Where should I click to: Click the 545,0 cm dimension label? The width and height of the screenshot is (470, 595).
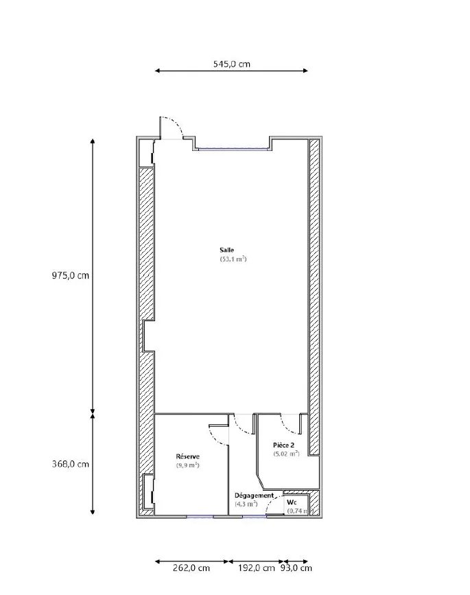tap(231, 64)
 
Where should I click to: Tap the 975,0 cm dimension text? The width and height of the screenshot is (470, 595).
tap(71, 275)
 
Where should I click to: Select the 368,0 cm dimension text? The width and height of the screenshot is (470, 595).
tap(71, 464)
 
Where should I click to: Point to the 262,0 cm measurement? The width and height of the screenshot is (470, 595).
tap(191, 568)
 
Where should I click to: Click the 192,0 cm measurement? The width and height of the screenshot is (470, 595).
tap(257, 568)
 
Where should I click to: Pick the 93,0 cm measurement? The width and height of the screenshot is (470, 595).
tap(296, 568)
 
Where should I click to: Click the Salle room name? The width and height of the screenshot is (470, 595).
tap(227, 250)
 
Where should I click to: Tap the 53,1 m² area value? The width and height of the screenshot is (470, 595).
tap(233, 259)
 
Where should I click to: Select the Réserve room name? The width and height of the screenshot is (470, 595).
tap(188, 456)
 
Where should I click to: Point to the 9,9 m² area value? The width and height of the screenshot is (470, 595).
tap(188, 465)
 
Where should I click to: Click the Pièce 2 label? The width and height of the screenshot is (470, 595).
tap(284, 445)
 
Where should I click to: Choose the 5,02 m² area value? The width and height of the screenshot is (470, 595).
tap(286, 454)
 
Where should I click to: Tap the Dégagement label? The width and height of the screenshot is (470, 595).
tap(254, 495)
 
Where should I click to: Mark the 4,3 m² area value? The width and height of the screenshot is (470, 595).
tap(246, 504)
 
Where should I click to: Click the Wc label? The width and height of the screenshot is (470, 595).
tap(292, 502)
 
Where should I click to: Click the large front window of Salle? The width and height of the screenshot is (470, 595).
tap(233, 150)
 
